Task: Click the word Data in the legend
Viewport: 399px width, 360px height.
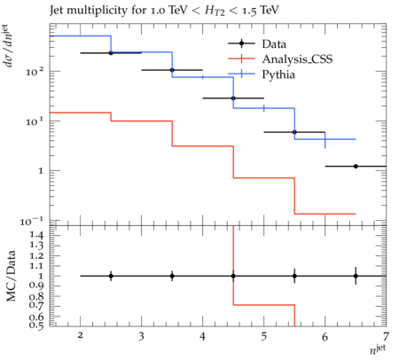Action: [x=274, y=44]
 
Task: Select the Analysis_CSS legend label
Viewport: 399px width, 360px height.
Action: [x=297, y=59]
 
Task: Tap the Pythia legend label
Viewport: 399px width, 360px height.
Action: [x=278, y=74]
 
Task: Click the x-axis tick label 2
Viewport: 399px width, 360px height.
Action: [x=80, y=335]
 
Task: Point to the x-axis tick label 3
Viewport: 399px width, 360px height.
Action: [x=141, y=336]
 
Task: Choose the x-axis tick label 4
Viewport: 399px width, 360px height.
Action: [x=202, y=336]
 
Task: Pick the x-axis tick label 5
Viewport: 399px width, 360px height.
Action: [x=263, y=336]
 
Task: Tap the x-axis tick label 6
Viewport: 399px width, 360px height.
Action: [x=325, y=336]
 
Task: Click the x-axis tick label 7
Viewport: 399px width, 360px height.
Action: [x=386, y=336]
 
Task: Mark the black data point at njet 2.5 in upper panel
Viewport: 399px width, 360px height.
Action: [x=111, y=53]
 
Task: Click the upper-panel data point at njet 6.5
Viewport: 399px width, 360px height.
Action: [x=356, y=167]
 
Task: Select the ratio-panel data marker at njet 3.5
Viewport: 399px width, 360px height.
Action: [x=172, y=276]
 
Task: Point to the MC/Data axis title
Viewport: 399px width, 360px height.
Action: [x=12, y=276]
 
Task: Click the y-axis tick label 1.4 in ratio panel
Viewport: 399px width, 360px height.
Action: [x=36, y=235]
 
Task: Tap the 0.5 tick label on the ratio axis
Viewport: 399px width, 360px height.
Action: [x=36, y=325]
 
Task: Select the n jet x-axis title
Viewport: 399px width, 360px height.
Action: [x=378, y=349]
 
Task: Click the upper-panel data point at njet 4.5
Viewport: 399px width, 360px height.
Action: [x=233, y=98]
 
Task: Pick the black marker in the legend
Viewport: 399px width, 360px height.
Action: [x=241, y=43]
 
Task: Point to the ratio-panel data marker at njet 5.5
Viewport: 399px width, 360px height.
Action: [x=294, y=276]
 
